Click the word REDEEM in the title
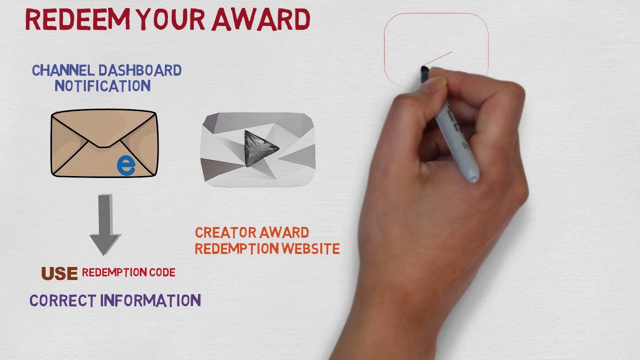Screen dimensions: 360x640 pyautogui.click(x=75, y=20)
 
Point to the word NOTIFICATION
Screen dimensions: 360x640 pyautogui.click(x=102, y=86)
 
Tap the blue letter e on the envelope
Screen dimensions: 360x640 pyautogui.click(x=126, y=165)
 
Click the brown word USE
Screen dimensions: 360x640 pyautogui.click(x=59, y=273)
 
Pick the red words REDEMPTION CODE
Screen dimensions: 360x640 pyautogui.click(x=128, y=272)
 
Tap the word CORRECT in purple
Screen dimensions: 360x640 pyautogui.click(x=62, y=300)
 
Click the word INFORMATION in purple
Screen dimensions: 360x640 pyautogui.click(x=150, y=300)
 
